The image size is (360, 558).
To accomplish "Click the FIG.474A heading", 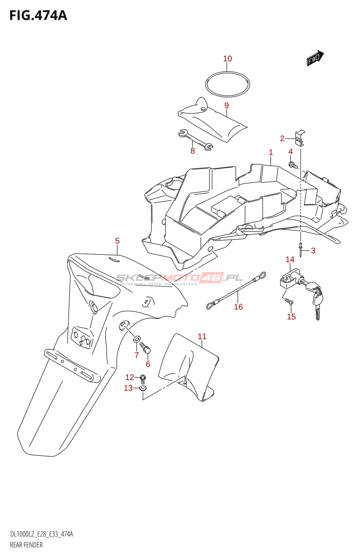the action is point(38,15).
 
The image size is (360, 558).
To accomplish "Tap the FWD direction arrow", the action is point(315,58).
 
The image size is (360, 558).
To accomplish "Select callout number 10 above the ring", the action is point(227,59).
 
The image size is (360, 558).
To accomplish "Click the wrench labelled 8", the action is point(195,140).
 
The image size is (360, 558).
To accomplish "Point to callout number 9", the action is point(226,105).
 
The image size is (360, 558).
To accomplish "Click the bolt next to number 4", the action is point(293,165).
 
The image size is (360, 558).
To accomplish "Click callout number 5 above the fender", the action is point(117,241).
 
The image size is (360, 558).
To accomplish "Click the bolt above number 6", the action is point(145,347).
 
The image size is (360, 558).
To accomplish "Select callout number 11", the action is point(202,337).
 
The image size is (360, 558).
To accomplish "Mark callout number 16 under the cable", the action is point(238,307).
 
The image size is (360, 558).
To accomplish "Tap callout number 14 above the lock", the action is point(290,259).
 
